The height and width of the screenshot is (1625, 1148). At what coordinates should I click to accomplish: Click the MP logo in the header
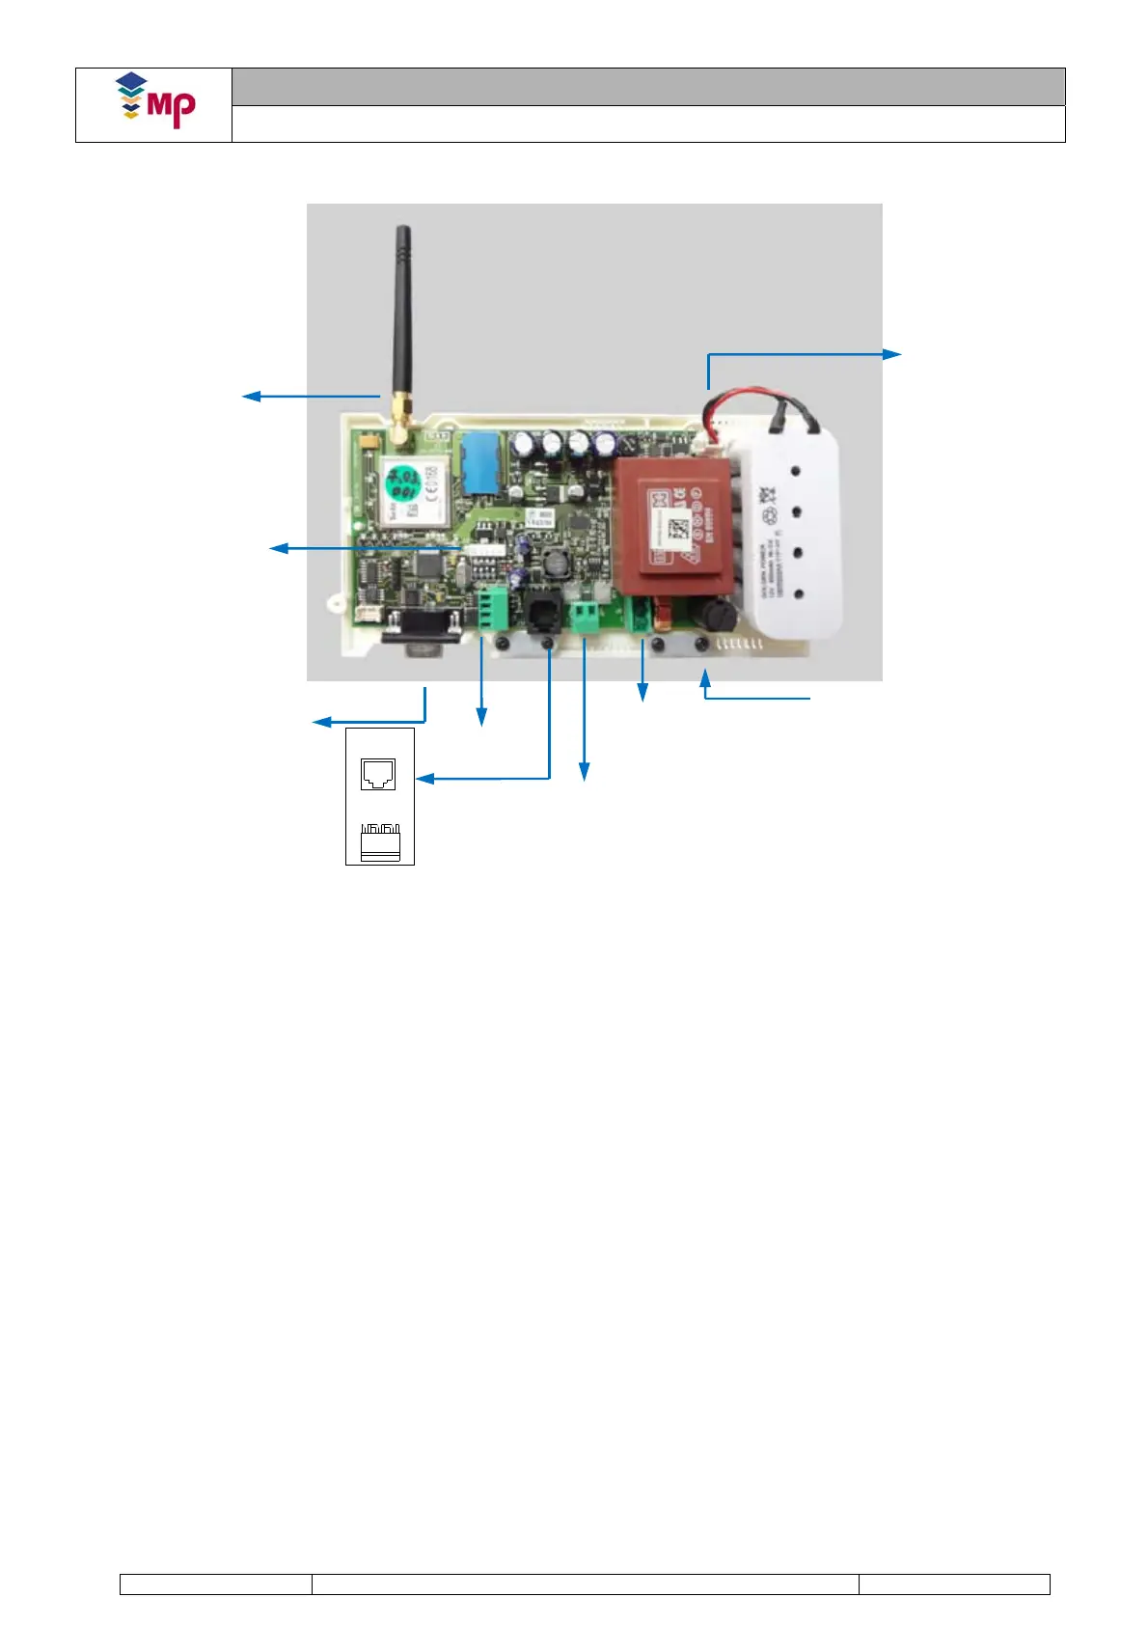tap(155, 100)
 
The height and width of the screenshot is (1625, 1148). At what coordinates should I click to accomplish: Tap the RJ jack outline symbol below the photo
tap(378, 774)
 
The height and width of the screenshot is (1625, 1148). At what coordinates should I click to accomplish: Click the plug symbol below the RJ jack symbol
tap(379, 841)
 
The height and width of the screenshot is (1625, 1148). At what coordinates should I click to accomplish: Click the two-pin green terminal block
tap(585, 617)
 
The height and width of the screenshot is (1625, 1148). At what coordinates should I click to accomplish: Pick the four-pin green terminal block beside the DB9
tap(492, 609)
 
